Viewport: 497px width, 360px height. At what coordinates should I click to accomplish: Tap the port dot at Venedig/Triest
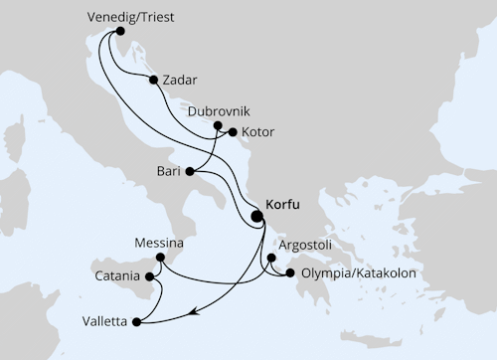(121, 31)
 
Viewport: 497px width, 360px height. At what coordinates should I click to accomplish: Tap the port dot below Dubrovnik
(219, 126)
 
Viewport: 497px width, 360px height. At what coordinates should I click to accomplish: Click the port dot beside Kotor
(233, 131)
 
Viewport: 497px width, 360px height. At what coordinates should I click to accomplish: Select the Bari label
(166, 171)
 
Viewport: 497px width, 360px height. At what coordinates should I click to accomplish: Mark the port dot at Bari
(189, 171)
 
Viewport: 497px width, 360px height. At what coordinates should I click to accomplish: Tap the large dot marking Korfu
(257, 216)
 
